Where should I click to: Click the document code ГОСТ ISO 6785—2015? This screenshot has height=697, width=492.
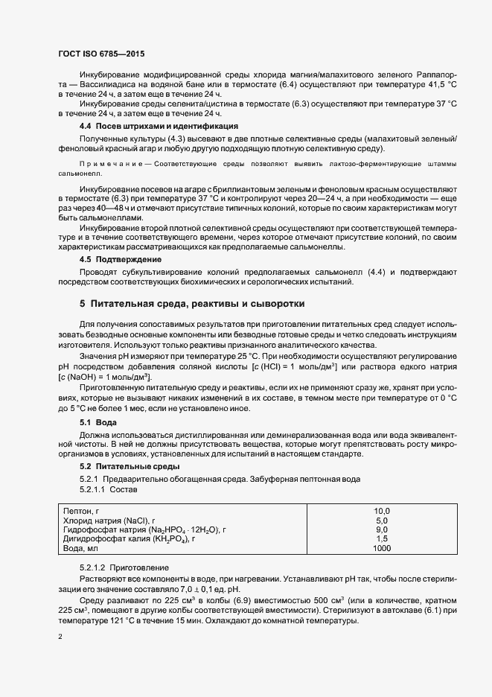click(x=100, y=55)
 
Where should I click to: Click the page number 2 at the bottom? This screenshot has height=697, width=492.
click(x=60, y=637)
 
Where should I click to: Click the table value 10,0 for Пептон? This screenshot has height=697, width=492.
click(x=382, y=510)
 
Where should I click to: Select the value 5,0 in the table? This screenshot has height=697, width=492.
click(x=382, y=520)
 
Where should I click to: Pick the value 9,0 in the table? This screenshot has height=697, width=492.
click(x=382, y=529)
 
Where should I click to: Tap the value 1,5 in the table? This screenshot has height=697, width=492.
click(x=382, y=538)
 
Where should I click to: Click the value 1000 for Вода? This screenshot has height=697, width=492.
click(x=382, y=548)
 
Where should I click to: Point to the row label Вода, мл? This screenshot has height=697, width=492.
click(x=80, y=548)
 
